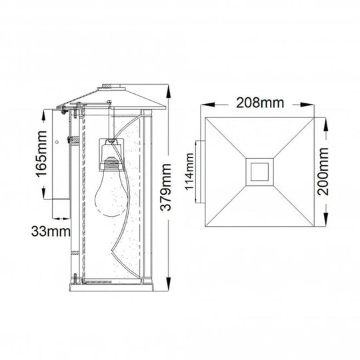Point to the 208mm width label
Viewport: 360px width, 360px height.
258,103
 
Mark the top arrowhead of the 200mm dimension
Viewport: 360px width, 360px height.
325,123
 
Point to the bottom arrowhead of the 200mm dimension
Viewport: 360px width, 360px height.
325,222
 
